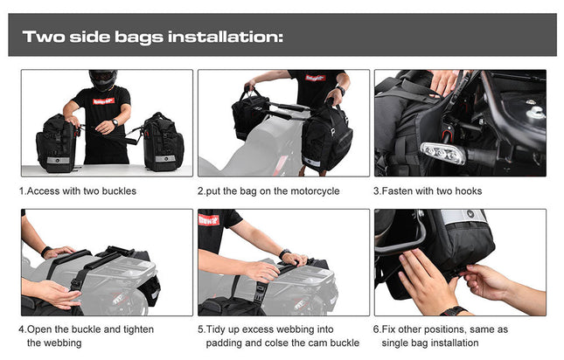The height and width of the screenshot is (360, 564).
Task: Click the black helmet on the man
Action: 101,80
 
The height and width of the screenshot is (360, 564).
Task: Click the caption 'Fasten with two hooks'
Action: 431,190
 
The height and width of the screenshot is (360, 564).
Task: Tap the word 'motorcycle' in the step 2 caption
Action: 312,190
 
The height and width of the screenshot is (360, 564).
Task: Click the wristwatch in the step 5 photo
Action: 285,254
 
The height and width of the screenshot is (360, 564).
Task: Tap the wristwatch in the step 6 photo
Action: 453,310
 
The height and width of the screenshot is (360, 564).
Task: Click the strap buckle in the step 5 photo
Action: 259,288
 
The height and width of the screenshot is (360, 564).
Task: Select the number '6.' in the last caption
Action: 378,329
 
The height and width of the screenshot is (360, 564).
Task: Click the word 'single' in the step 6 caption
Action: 398,343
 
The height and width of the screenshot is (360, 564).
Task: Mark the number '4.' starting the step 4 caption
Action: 23,329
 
